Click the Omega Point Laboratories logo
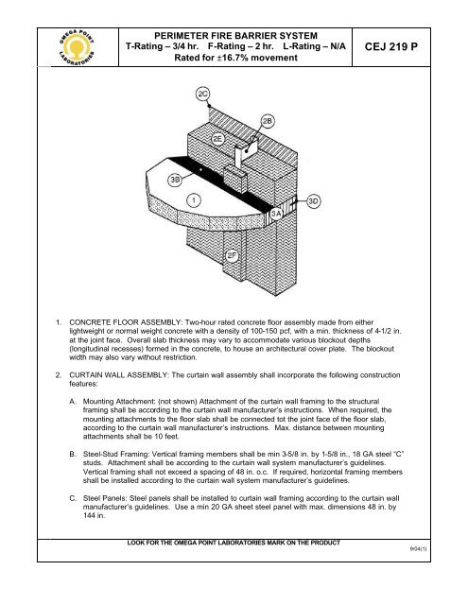click(x=77, y=47)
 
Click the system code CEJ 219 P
click(x=390, y=46)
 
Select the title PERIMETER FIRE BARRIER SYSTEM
click(x=235, y=36)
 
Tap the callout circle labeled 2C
click(x=202, y=95)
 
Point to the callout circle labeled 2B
click(x=268, y=122)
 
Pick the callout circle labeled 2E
click(x=218, y=139)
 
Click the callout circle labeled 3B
click(x=175, y=180)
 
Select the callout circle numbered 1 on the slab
click(x=194, y=199)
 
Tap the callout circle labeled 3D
click(x=314, y=201)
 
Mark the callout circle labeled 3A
click(x=276, y=214)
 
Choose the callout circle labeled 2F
click(x=232, y=255)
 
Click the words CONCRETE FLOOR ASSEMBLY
click(x=126, y=322)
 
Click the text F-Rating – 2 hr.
click(x=241, y=46)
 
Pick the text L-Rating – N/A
click(x=314, y=46)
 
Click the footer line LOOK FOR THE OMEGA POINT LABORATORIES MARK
click(x=234, y=543)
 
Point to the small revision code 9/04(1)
click(x=418, y=549)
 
